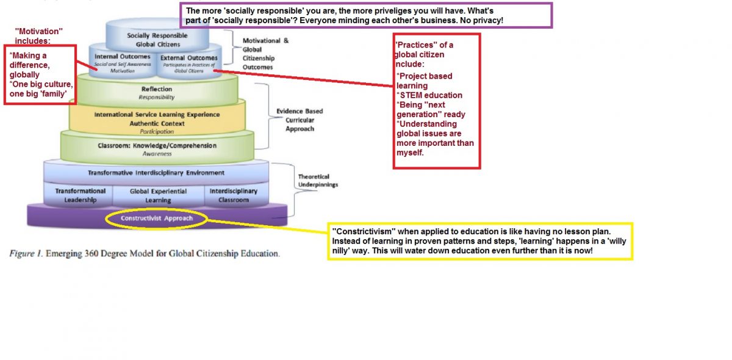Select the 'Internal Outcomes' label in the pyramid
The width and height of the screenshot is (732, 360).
tap(122, 57)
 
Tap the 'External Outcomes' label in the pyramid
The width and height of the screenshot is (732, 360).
tap(189, 58)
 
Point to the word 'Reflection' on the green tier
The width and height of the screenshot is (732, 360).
tap(157, 90)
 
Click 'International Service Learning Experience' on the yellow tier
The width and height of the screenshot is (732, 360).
tap(157, 115)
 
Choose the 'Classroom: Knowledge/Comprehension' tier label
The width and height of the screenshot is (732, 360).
tap(157, 146)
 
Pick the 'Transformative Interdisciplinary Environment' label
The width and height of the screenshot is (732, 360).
tap(156, 173)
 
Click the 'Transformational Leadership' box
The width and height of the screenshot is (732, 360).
tap(80, 195)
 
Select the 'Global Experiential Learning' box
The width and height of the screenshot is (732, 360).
tap(158, 195)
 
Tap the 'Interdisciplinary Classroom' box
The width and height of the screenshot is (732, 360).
tap(233, 195)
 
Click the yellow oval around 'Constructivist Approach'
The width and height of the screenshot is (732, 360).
tap(157, 218)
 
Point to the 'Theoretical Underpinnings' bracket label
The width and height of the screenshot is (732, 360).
tap(317, 180)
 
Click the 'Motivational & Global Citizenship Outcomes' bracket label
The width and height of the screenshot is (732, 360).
tap(266, 54)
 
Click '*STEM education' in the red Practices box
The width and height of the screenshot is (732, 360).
tap(429, 95)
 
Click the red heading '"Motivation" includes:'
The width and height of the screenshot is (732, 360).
tap(39, 35)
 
